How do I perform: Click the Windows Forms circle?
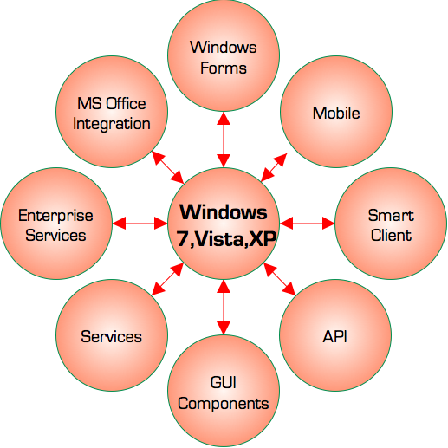click(x=224, y=55)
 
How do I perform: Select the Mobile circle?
click(x=336, y=112)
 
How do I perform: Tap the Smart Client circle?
click(x=391, y=224)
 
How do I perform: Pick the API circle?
click(x=335, y=335)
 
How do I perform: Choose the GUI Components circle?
click(x=224, y=391)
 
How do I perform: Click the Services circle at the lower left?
click(x=112, y=335)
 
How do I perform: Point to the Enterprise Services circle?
click(x=56, y=224)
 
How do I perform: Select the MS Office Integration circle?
click(x=112, y=112)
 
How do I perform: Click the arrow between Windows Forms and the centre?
click(x=224, y=140)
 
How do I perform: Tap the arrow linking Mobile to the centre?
click(x=274, y=167)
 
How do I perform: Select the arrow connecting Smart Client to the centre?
click(x=308, y=224)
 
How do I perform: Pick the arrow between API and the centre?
click(x=280, y=279)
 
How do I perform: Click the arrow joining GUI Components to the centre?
click(x=224, y=308)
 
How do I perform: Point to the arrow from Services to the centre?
click(x=167, y=279)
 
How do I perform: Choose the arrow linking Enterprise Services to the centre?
click(x=140, y=224)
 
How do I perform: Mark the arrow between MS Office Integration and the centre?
click(x=167, y=167)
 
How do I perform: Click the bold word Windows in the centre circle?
click(x=224, y=212)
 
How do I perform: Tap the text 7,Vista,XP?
click(x=226, y=239)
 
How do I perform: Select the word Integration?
click(x=112, y=124)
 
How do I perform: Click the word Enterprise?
click(x=55, y=216)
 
